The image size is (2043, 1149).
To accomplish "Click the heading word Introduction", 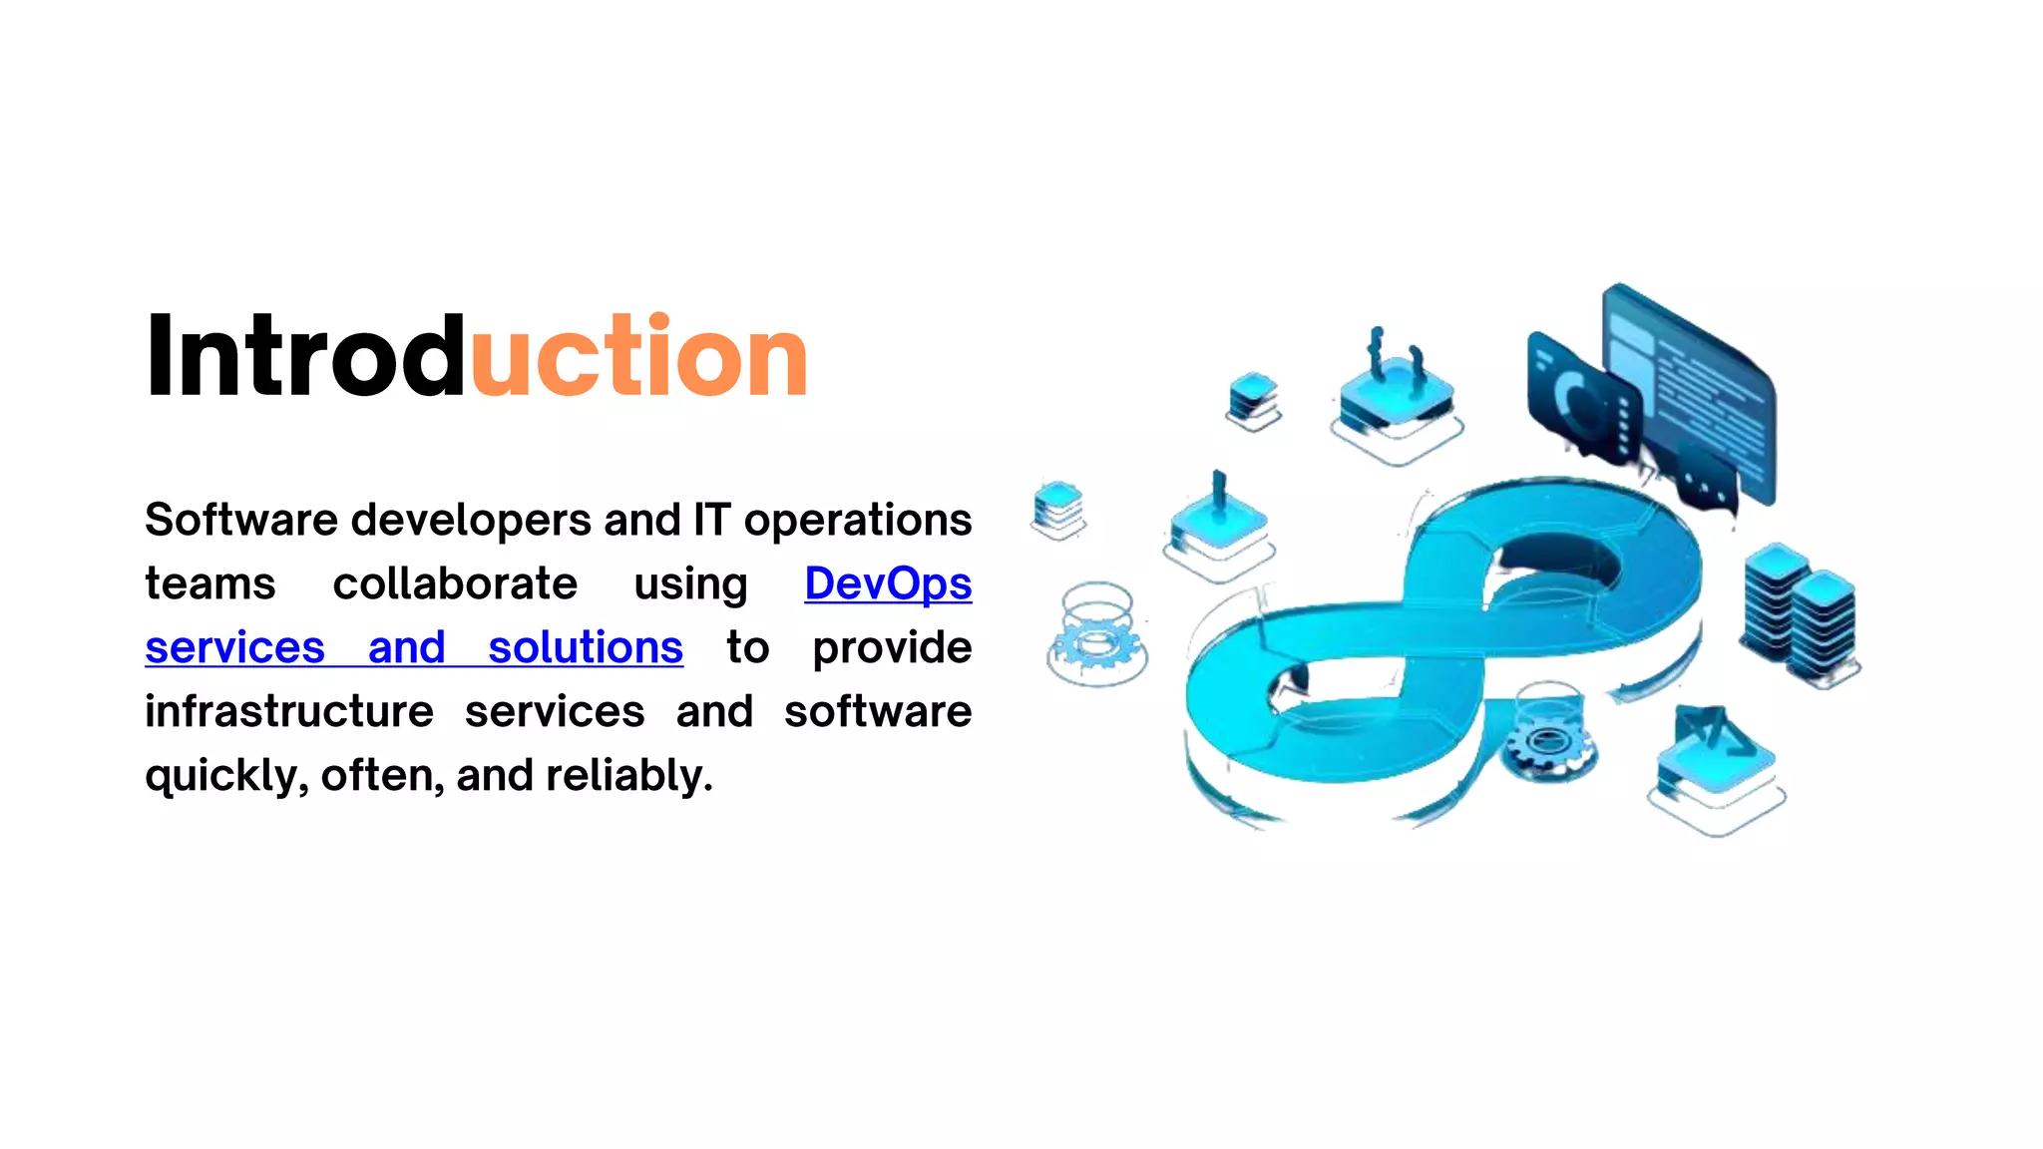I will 476,356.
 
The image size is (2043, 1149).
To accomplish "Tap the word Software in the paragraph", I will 241,520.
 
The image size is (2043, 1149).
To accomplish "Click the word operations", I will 858,520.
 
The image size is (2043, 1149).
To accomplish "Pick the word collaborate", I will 455,583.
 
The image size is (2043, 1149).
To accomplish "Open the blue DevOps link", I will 888,583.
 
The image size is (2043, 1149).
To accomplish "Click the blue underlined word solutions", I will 586,647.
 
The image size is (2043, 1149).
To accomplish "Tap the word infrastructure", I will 289,711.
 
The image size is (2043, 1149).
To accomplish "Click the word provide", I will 892,647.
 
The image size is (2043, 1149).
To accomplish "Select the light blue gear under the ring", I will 1097,643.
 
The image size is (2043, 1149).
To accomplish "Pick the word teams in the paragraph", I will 209,583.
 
